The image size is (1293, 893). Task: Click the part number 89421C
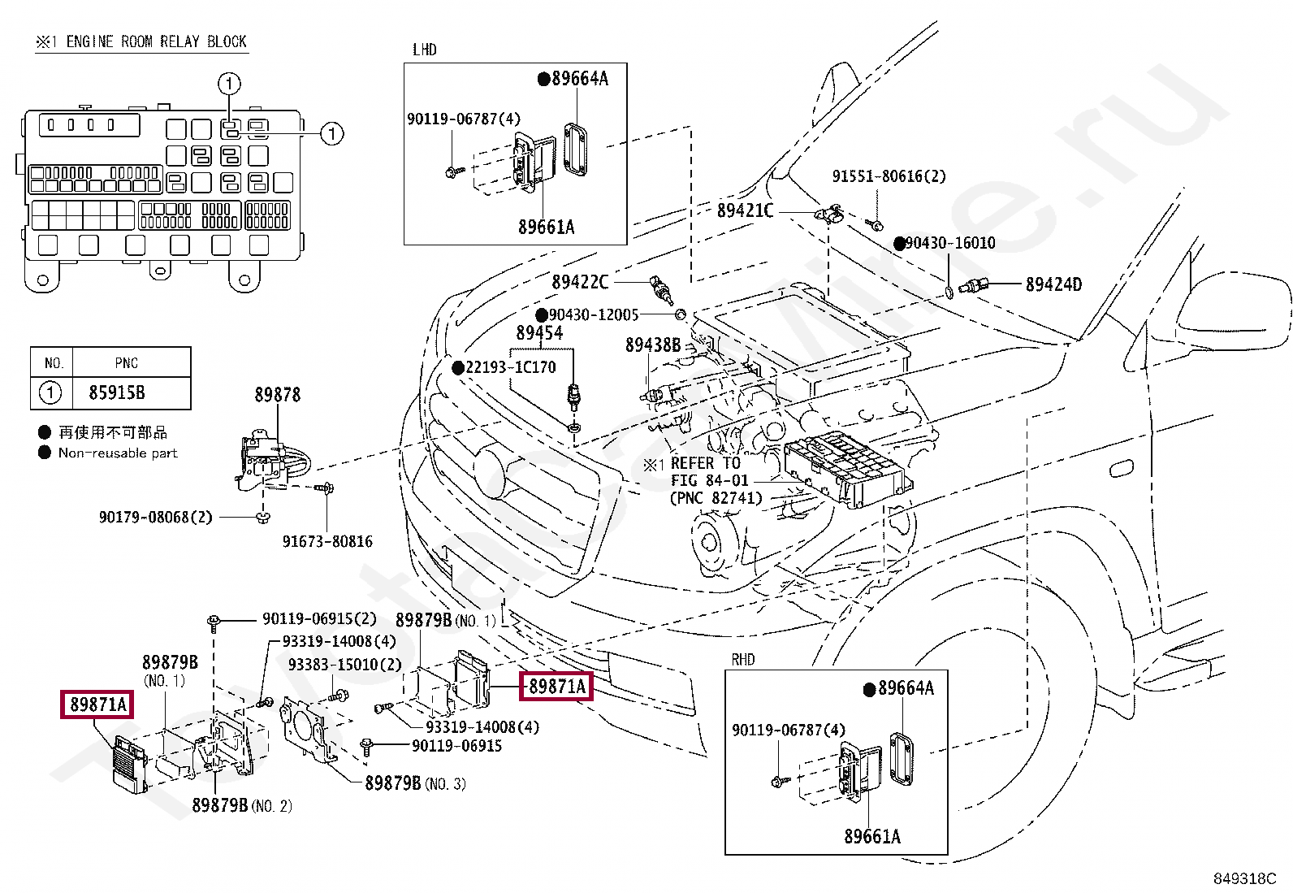pyautogui.click(x=745, y=210)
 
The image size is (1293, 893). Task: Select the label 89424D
pyautogui.click(x=1053, y=284)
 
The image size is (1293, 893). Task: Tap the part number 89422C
pyautogui.click(x=580, y=282)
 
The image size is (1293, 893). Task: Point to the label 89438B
pyautogui.click(x=653, y=345)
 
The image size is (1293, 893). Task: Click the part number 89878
pyautogui.click(x=278, y=395)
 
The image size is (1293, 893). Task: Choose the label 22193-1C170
pyautogui.click(x=510, y=367)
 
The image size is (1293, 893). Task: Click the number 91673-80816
pyautogui.click(x=327, y=541)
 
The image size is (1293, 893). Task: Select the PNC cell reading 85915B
pyautogui.click(x=117, y=392)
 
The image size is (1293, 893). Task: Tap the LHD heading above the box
pyautogui.click(x=424, y=50)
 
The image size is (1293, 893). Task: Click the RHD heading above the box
pyautogui.click(x=743, y=659)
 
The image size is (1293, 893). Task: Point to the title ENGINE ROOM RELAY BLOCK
pyautogui.click(x=157, y=41)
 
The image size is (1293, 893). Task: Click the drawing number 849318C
pyautogui.click(x=1244, y=878)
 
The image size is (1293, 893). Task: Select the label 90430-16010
pyautogui.click(x=950, y=243)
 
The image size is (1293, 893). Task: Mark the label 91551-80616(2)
pyautogui.click(x=889, y=176)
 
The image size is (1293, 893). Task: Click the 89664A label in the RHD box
pyautogui.click(x=906, y=688)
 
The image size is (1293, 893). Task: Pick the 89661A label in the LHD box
pyautogui.click(x=546, y=227)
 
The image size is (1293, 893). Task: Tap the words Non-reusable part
pyautogui.click(x=118, y=453)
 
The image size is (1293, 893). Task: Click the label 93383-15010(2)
pyautogui.click(x=344, y=664)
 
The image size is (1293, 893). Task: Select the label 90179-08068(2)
pyautogui.click(x=156, y=517)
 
